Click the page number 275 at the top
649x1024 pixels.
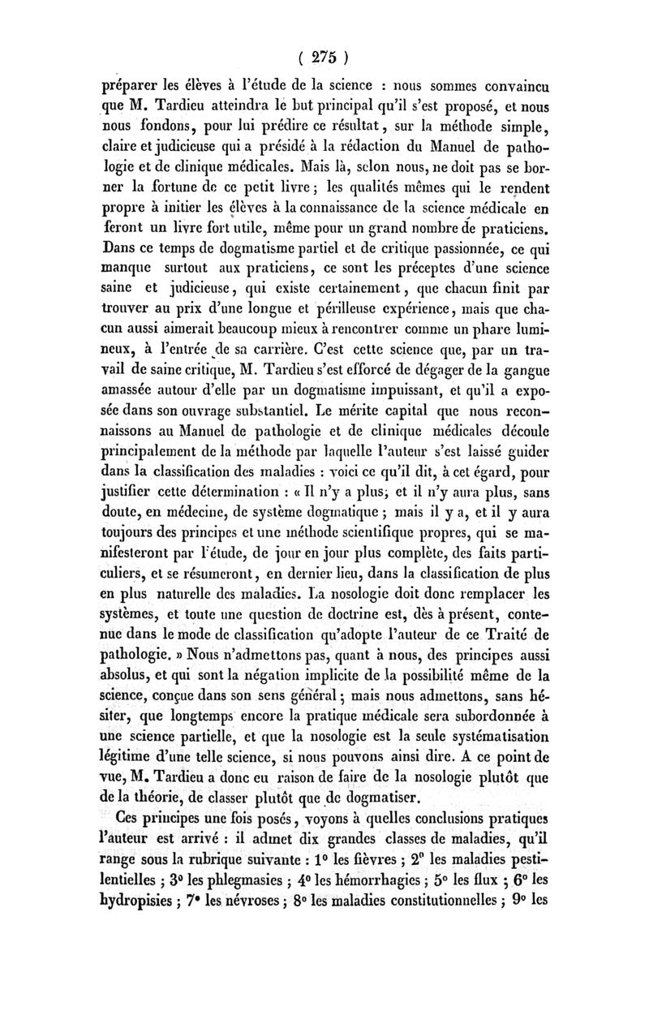[323, 58]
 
